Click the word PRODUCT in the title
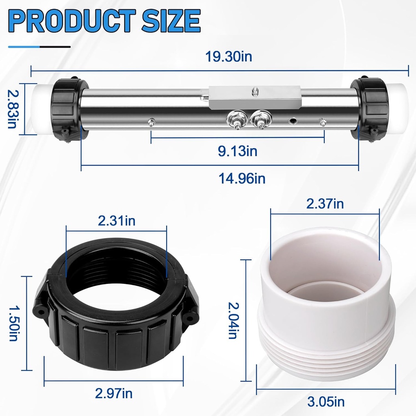point(72,21)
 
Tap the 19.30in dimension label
point(229,56)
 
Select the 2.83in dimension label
point(12,109)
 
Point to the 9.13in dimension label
point(237,151)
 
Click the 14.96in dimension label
point(242,178)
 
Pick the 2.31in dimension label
point(117,221)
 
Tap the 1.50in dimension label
point(13,323)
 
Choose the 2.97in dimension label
point(114,393)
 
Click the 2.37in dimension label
point(325,204)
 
